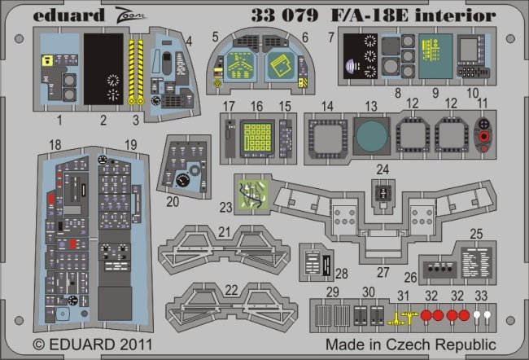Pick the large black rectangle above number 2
point(104,70)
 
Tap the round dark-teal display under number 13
point(370,135)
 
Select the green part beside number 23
point(251,194)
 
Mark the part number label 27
point(383,272)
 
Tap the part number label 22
point(233,290)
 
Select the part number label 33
point(481,295)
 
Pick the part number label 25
point(476,232)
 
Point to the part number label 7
point(331,37)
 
